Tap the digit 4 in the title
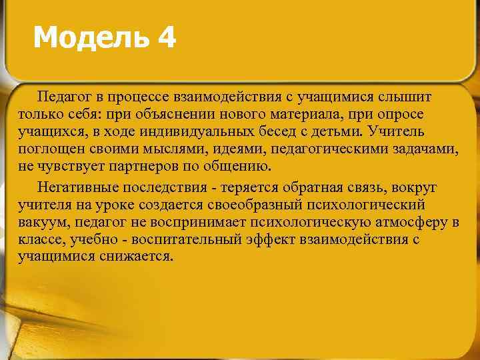tap(167, 39)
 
